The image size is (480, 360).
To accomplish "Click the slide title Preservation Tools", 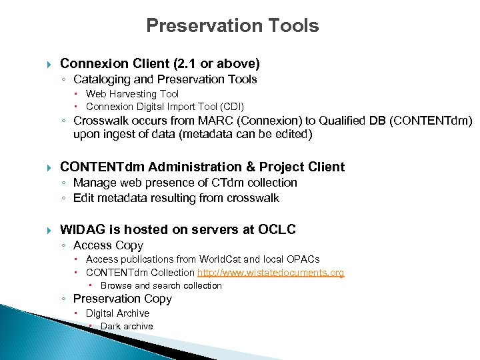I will coord(232,26).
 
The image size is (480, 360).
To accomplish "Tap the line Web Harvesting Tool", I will coord(132,94).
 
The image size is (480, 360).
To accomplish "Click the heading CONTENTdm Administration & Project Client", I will coord(202,167).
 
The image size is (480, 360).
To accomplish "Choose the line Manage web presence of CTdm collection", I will coord(185,183).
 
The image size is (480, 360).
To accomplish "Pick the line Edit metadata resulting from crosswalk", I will coord(176,198).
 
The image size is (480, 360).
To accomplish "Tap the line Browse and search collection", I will coord(161,286).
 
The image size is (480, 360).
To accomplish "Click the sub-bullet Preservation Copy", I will coord(122,299).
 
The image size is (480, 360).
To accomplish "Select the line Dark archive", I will coord(126,327).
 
